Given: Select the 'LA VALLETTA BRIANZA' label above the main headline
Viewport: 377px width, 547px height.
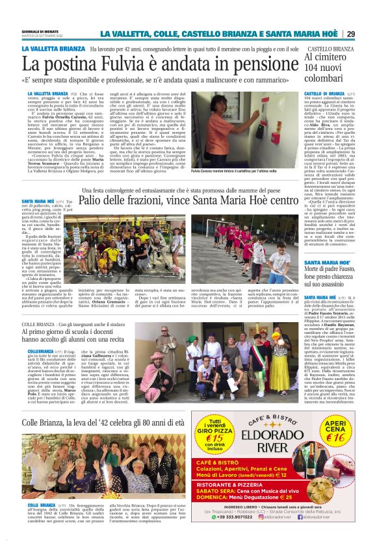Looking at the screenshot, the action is click(x=53, y=49).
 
